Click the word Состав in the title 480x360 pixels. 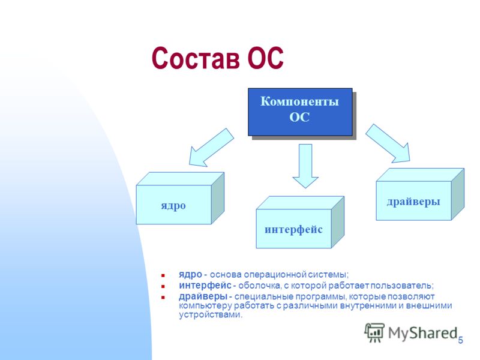click(x=196, y=58)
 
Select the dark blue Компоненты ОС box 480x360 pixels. click(x=300, y=112)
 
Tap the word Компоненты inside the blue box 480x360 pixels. click(x=299, y=101)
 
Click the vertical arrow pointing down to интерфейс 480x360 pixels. click(x=305, y=166)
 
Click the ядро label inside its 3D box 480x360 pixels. click(x=173, y=206)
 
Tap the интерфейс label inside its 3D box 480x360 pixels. click(x=293, y=230)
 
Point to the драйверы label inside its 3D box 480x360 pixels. click(x=413, y=202)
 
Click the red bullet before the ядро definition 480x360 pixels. click(x=163, y=275)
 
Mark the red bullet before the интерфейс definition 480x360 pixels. click(x=163, y=287)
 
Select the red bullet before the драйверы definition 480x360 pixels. click(x=163, y=297)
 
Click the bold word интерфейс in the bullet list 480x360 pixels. click(x=205, y=286)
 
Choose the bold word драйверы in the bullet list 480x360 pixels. click(x=203, y=296)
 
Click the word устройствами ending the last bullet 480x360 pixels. click(x=211, y=314)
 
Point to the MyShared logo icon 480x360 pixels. click(x=374, y=332)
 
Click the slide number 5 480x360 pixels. click(x=460, y=340)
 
